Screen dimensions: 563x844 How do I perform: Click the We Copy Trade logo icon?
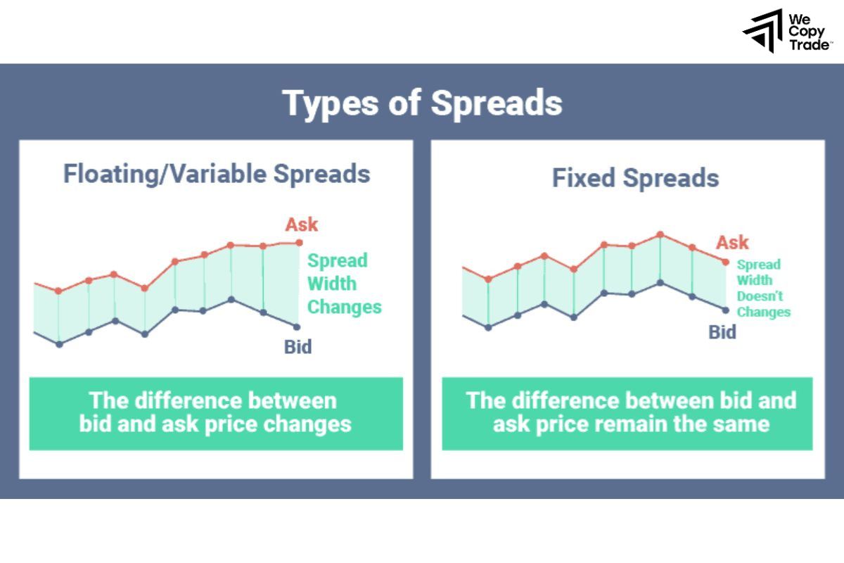[763, 31]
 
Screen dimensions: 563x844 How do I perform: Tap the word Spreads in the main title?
[497, 103]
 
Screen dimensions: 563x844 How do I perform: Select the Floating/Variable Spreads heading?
[217, 173]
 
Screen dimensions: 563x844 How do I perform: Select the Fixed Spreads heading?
[635, 178]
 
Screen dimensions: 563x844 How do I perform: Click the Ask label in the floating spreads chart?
[301, 224]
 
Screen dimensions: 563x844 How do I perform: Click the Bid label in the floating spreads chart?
[298, 346]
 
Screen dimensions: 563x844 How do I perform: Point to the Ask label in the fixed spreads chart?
[732, 243]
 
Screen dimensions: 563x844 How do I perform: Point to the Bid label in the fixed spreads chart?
[722, 331]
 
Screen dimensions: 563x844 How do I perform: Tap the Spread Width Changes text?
[344, 284]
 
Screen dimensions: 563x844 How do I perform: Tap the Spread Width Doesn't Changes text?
[762, 288]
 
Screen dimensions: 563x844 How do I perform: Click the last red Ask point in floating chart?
[299, 243]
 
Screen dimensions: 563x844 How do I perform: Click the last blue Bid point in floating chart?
[297, 327]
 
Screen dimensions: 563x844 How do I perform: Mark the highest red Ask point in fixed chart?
[660, 234]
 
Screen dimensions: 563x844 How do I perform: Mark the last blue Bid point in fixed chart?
[726, 310]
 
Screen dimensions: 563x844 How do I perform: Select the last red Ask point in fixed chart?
[726, 262]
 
